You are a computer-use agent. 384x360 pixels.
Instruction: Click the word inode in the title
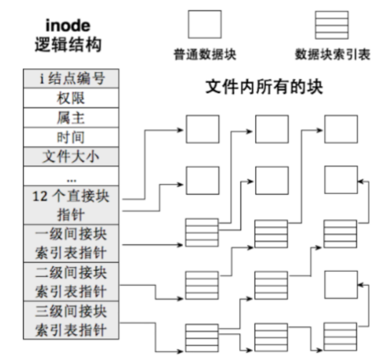tap(68, 26)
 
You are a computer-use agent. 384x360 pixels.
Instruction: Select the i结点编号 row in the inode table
tap(71, 78)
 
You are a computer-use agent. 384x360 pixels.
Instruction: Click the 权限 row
tap(71, 98)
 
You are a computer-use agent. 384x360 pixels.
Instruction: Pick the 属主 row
tap(71, 118)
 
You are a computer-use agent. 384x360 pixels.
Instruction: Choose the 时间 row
tap(71, 137)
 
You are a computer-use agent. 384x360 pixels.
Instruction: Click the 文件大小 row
tap(71, 157)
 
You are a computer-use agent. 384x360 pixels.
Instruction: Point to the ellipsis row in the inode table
tap(71, 176)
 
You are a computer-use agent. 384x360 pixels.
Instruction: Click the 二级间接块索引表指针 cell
tap(71, 282)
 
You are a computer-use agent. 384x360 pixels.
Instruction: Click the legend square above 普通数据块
tap(205, 24)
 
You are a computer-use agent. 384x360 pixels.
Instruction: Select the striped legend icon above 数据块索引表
tap(331, 25)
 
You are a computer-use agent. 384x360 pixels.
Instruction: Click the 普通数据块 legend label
tap(205, 55)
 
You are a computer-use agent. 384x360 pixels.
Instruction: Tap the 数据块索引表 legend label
tap(332, 55)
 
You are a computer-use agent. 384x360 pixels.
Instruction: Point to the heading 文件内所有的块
tap(264, 87)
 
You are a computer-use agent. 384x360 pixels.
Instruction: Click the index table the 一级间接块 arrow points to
tap(201, 232)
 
